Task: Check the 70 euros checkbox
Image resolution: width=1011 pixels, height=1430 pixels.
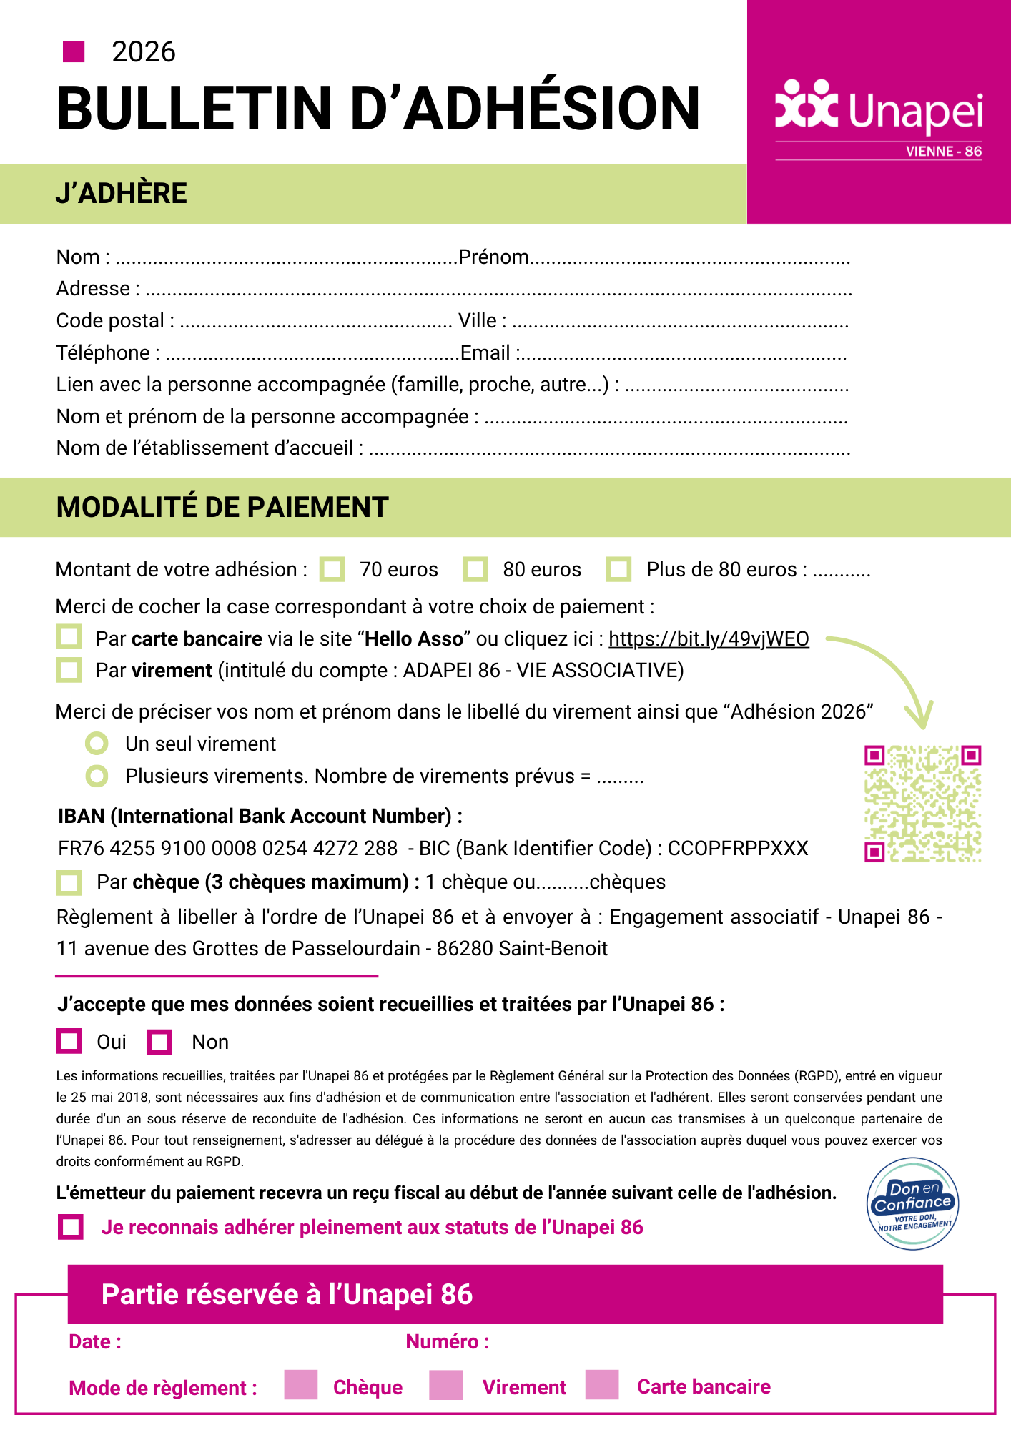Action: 332,569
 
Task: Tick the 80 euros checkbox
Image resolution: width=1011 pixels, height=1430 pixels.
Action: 475,569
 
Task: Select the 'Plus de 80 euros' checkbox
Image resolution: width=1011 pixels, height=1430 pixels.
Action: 618,569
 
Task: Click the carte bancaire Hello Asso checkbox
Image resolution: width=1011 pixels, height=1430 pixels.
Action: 69,637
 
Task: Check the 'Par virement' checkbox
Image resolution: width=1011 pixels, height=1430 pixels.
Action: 69,670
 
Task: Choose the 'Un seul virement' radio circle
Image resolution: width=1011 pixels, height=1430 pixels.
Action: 97,744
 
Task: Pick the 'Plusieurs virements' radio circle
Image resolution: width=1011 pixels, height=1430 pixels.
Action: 97,776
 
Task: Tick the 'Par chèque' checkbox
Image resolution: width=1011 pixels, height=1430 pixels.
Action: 69,882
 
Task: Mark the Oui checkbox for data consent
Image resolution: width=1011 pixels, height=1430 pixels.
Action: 69,1041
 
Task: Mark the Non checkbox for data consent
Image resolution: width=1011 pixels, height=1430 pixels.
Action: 159,1042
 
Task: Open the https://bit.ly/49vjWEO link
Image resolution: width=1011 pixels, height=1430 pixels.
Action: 709,638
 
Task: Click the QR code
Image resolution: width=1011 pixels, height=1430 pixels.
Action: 922,804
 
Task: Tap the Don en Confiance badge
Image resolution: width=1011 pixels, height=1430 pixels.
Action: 913,1204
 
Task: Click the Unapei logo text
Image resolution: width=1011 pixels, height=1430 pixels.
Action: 916,112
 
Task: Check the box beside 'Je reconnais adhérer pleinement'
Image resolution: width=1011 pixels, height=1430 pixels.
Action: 71,1227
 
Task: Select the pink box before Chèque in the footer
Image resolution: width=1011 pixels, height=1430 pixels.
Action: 300,1385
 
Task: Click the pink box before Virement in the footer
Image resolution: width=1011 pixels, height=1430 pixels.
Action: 445,1385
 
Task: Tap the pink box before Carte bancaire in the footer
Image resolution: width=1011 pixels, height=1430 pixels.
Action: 601,1385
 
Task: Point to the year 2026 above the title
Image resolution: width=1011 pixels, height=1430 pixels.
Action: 144,52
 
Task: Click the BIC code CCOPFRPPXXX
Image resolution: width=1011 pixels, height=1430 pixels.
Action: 738,848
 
